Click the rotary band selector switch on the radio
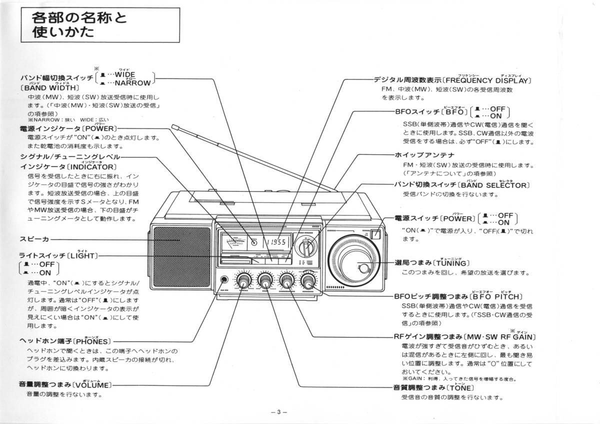coord(305,246)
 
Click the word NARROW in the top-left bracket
coord(132,83)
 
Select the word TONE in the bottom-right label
coord(459,388)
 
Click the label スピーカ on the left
coord(33,239)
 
